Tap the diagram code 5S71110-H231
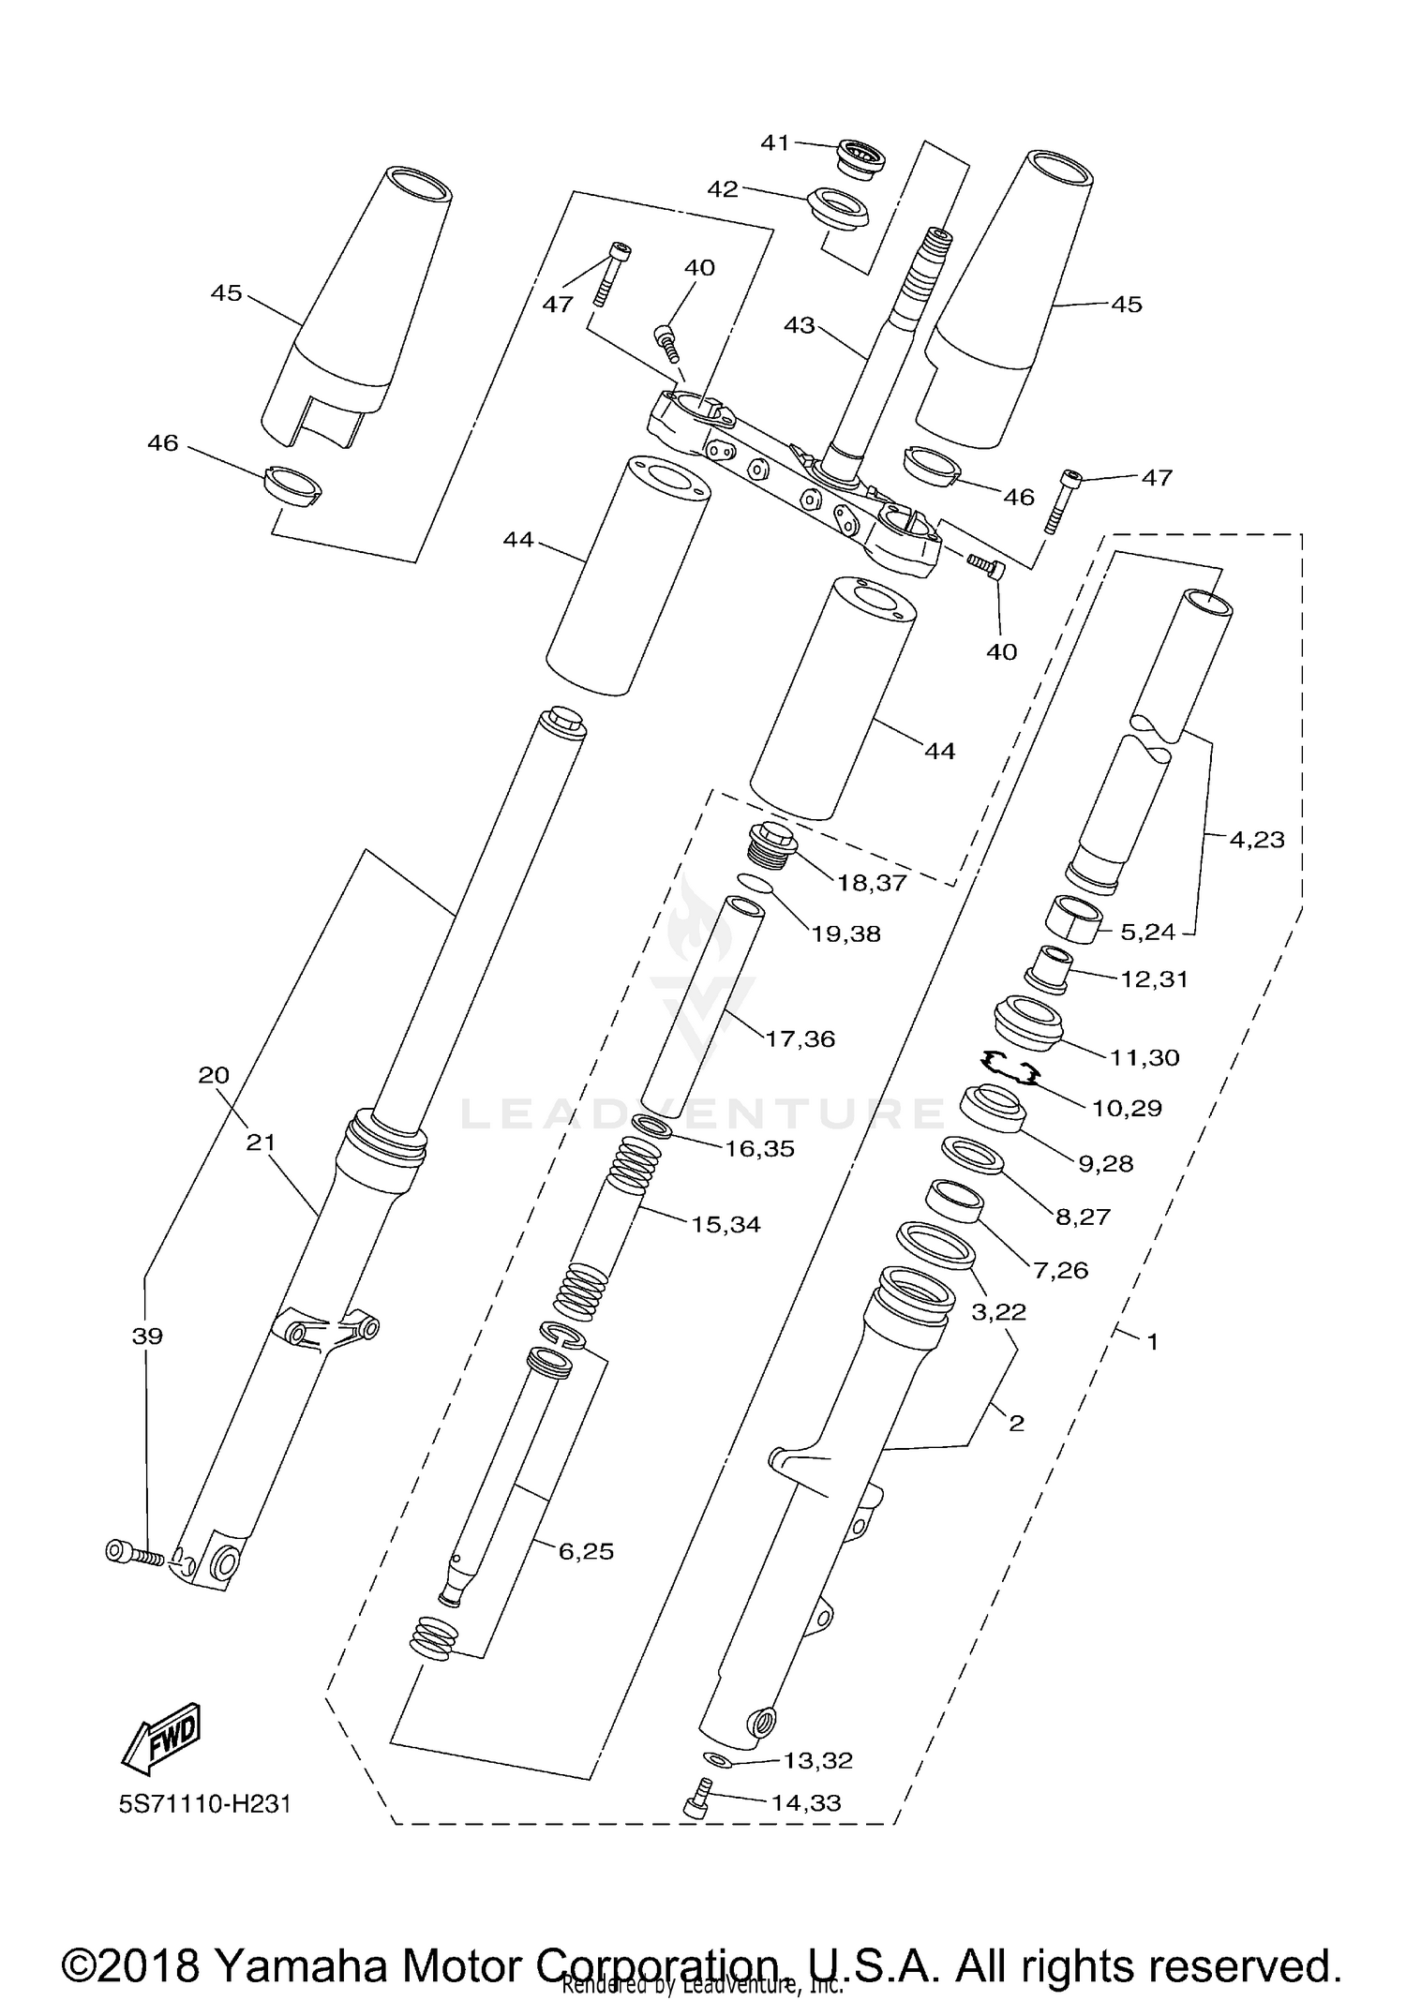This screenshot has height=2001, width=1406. click(205, 1804)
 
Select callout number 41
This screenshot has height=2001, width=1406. click(774, 143)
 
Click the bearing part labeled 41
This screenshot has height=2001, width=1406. click(860, 156)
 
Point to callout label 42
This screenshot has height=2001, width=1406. click(722, 189)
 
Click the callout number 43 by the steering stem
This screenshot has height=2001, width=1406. click(799, 325)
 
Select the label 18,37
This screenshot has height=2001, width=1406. click(873, 883)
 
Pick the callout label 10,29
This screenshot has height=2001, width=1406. click(1127, 1108)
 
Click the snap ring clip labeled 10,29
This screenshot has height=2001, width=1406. click(1008, 1066)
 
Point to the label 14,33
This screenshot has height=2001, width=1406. click(805, 1802)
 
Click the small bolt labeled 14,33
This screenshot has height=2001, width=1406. click(696, 1799)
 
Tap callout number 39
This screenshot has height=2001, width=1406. click(146, 1336)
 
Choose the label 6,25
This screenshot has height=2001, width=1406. click(586, 1551)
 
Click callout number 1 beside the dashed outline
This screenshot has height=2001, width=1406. click(1152, 1342)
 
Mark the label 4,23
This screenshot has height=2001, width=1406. click(1256, 839)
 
